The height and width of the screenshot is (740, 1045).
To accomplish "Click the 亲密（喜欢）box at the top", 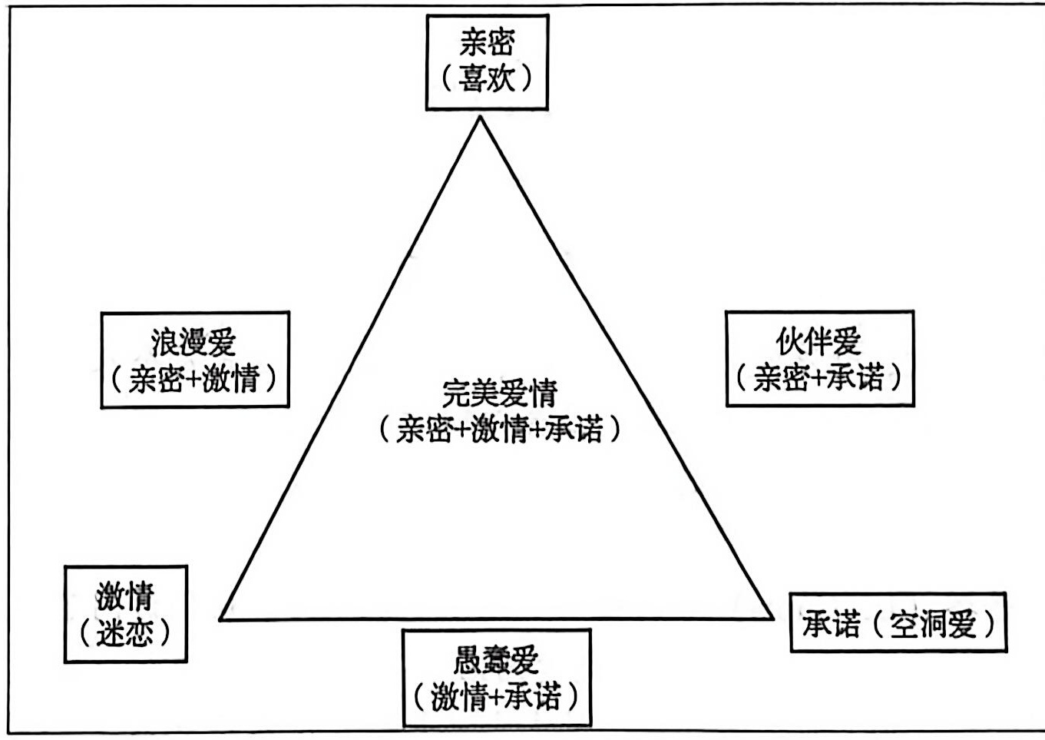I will pos(487,61).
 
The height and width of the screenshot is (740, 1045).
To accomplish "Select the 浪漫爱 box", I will pos(195,359).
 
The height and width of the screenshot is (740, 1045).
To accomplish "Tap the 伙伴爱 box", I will pos(819,358).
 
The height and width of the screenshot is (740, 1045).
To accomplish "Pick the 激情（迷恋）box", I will pos(125,614).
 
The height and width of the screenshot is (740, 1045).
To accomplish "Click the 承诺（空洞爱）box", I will pos(898,622).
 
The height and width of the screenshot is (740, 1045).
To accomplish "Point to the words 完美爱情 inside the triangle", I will pos(499,393).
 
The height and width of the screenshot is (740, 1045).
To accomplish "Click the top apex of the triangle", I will pos(481,117).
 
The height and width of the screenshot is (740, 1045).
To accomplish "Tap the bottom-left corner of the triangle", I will pos(220,618).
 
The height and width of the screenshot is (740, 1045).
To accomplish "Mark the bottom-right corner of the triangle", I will pos(772,616).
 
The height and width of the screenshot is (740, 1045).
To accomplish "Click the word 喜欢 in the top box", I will pos(487,78).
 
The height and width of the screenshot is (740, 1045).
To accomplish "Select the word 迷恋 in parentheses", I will pos(125,632).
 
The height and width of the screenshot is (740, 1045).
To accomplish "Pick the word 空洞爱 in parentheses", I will pos(932,623).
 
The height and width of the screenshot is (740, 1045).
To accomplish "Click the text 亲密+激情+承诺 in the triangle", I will pos(499,429).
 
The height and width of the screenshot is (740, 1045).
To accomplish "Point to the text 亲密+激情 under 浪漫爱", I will pos(194,379).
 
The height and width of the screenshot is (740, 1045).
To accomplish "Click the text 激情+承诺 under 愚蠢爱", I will pos(497,697).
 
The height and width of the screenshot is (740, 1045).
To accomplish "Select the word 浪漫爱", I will pos(193,342).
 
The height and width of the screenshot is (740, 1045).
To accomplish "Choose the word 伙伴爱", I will pos(818,341).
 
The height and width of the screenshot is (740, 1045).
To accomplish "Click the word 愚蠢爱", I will pos(497,660).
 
